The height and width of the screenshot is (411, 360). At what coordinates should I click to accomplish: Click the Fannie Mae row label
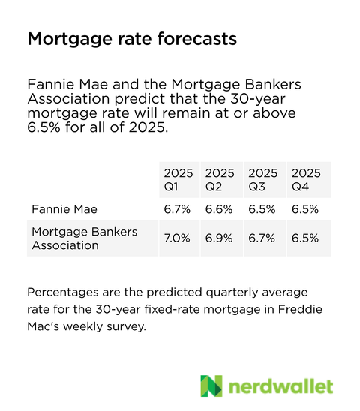tap(65, 209)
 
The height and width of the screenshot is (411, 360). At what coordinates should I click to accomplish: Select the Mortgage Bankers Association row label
tap(84, 238)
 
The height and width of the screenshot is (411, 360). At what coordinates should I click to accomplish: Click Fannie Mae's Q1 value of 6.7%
tap(177, 209)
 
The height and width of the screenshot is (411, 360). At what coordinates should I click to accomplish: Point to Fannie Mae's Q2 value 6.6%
tap(220, 209)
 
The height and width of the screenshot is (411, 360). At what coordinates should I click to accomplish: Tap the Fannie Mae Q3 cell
tap(262, 209)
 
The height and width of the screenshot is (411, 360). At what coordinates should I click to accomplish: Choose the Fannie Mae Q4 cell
tap(305, 209)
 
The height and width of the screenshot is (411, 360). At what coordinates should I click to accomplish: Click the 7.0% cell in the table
tap(177, 238)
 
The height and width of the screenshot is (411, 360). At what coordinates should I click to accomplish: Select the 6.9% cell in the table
tap(220, 238)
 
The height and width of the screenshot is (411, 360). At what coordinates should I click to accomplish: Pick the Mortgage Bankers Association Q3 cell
tap(262, 238)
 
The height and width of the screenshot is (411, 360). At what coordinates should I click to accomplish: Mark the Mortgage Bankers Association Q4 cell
tap(305, 238)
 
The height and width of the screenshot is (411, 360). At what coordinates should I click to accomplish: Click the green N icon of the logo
tap(211, 385)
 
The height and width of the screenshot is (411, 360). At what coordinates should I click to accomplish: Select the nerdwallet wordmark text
tap(280, 385)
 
